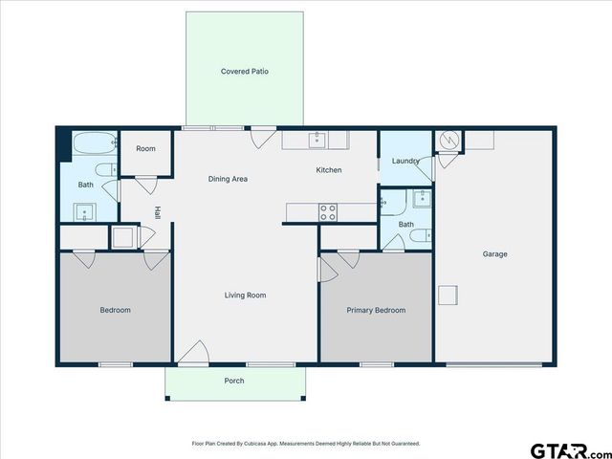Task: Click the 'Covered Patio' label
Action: [x=245, y=72]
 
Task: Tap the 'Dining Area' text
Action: [x=229, y=179]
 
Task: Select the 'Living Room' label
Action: [x=245, y=295]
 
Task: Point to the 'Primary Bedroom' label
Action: [x=376, y=310]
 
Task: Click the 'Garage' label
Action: [x=494, y=254]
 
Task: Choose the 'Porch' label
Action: [x=234, y=381]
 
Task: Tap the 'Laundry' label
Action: [x=405, y=162]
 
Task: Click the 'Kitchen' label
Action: [x=329, y=170]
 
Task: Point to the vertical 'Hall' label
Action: [x=158, y=213]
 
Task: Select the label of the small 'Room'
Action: [x=145, y=149]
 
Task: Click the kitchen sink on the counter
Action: [x=317, y=141]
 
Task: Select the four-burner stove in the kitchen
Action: [x=328, y=211]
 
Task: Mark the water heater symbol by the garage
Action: [x=448, y=142]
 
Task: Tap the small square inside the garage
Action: [x=448, y=295]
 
